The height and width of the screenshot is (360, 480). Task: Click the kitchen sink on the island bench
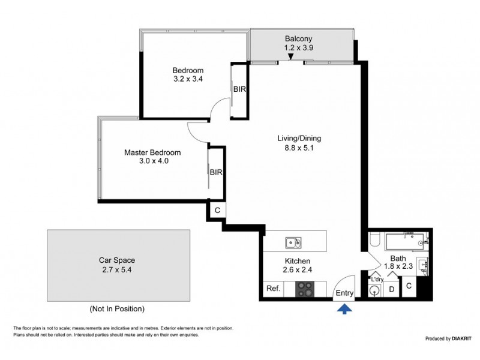(293, 242)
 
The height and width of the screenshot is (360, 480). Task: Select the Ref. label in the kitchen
(273, 289)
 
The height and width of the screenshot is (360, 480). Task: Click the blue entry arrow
(344, 309)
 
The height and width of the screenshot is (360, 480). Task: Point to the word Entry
(344, 293)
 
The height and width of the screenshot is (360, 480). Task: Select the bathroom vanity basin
(425, 264)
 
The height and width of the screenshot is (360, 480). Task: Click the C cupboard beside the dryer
(409, 286)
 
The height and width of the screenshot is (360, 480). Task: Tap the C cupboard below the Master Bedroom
(217, 210)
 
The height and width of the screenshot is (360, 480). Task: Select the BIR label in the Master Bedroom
(217, 172)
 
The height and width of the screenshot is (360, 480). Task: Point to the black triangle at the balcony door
(290, 57)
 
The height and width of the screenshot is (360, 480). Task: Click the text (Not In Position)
(117, 309)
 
